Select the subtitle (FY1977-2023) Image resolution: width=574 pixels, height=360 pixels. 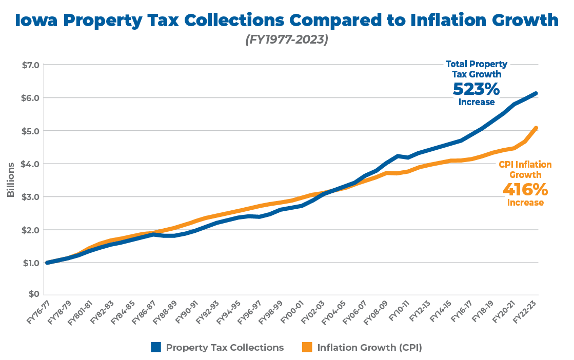(287, 39)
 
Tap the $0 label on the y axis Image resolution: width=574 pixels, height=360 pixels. (33, 294)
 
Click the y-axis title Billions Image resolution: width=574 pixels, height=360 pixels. (11, 180)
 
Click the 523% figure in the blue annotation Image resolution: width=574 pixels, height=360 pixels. (476, 89)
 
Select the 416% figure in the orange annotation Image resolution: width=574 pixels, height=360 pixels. (525, 189)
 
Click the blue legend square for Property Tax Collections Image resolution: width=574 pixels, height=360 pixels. (156, 347)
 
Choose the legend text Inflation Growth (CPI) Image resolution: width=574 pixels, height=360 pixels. (369, 347)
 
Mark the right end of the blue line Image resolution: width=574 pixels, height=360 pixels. (536, 93)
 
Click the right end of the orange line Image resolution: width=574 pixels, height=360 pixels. (536, 128)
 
